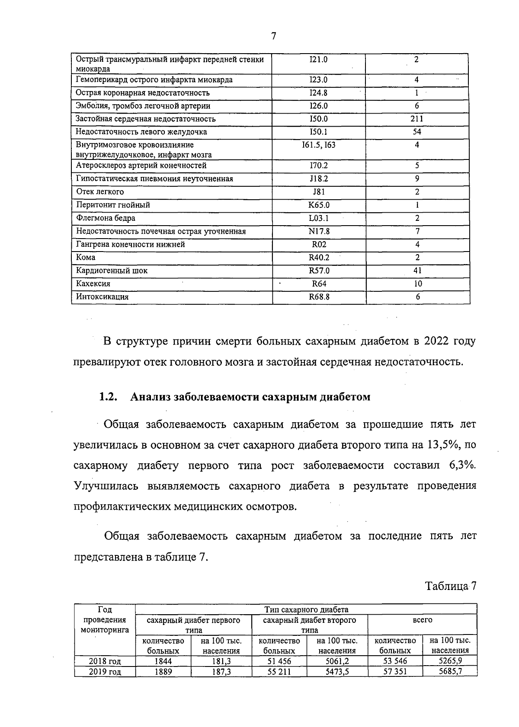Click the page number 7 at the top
[273, 36]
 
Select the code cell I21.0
[319, 60]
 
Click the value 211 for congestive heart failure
[417, 119]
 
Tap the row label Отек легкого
[100, 192]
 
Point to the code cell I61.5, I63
[319, 145]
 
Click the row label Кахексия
[93, 284]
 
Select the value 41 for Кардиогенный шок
[417, 271]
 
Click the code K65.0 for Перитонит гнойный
[319, 205]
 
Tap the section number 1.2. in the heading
[109, 397]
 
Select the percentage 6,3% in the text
[462, 466]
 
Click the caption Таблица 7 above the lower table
[450, 586]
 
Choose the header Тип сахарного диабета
[306, 609]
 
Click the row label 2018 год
[105, 661]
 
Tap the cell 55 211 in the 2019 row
[279, 672]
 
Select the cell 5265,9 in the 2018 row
[450, 661]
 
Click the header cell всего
[422, 620]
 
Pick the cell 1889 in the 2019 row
[163, 672]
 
